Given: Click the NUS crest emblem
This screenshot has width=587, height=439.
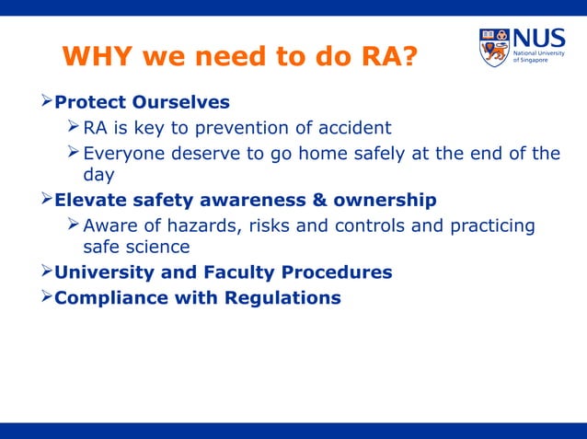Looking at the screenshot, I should [x=493, y=48].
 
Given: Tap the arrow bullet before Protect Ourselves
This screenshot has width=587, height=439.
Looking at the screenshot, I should [x=45, y=101].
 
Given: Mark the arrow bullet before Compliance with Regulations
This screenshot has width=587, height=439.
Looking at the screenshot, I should [x=45, y=298].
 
